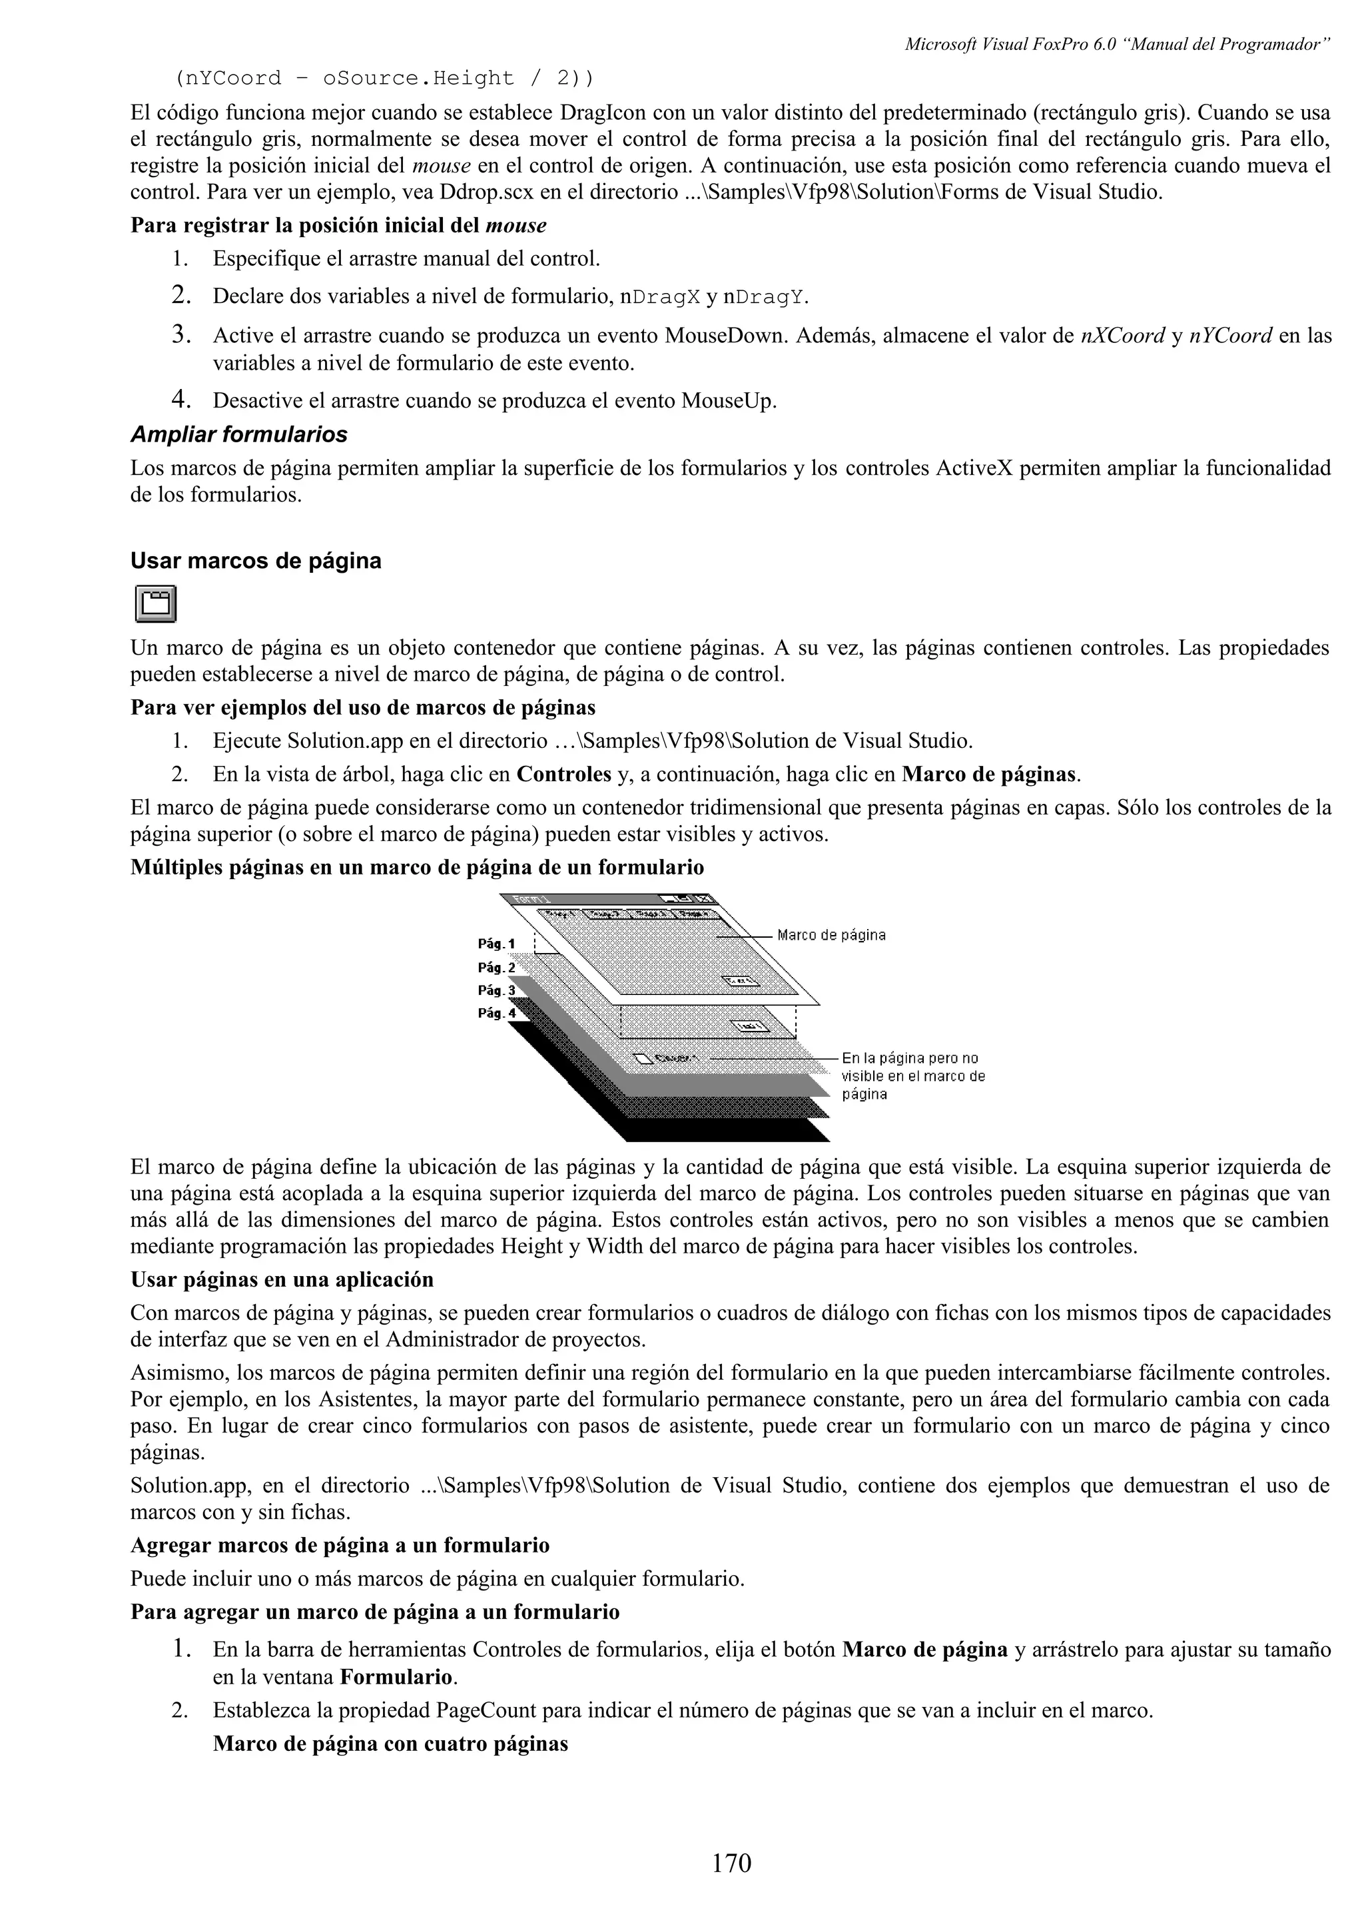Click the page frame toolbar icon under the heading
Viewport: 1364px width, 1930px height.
(155, 603)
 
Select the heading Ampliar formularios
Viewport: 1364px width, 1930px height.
(238, 435)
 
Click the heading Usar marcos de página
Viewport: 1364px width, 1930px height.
(256, 561)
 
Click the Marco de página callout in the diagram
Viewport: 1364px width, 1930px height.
(831, 935)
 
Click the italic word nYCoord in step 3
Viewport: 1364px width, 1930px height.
(1230, 336)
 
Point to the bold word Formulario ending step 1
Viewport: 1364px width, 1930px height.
(396, 1678)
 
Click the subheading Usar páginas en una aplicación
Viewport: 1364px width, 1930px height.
(282, 1280)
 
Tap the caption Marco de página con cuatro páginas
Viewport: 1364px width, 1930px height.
(390, 1744)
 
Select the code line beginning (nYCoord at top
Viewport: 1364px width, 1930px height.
(383, 78)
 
